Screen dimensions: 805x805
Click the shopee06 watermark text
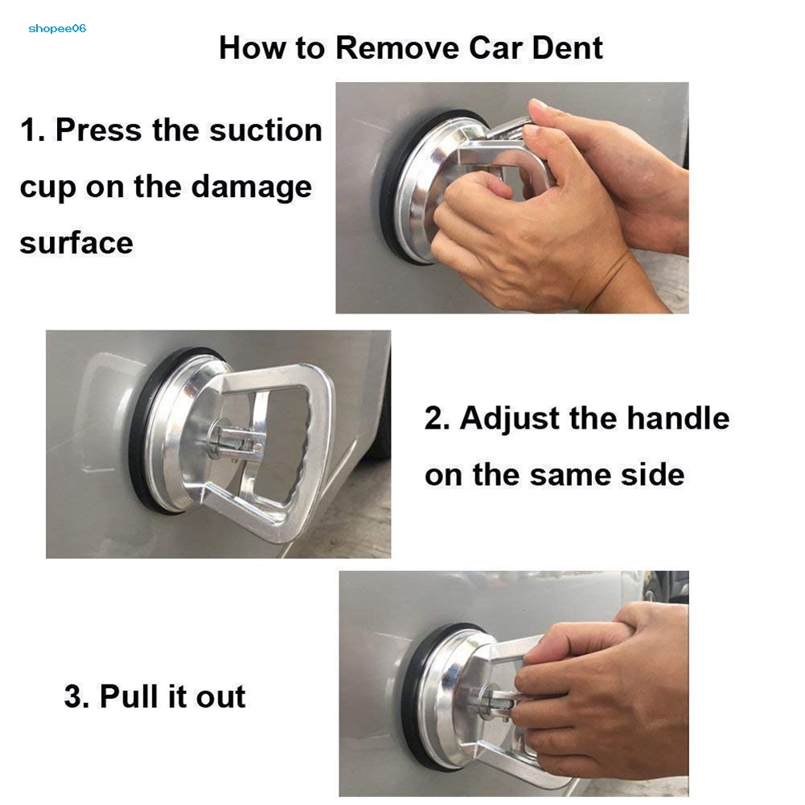(57, 29)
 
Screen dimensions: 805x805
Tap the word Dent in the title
(567, 47)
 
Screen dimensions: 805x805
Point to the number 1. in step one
(32, 129)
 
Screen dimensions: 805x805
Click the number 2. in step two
(437, 418)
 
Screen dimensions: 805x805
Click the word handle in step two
(678, 417)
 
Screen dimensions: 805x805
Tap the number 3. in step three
(76, 696)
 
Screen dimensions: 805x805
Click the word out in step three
(221, 697)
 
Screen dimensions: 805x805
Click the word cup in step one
(47, 189)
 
